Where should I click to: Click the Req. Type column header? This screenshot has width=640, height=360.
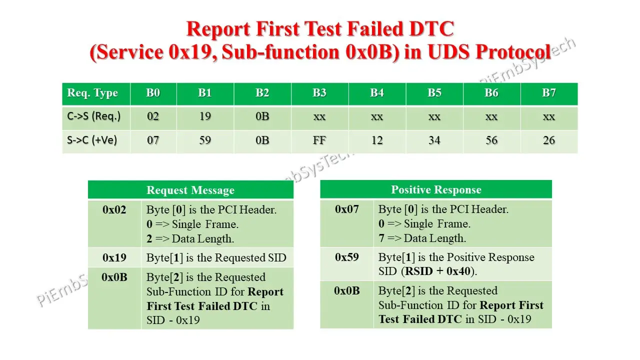pos(92,93)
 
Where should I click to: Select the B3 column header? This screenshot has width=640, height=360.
pos(319,93)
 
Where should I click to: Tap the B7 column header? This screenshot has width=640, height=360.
pos(549,93)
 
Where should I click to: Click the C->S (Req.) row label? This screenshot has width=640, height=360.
pos(94,116)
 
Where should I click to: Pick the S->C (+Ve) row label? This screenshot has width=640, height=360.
pos(92,140)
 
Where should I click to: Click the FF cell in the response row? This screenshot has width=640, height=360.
pos(319,140)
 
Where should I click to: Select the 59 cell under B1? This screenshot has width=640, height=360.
pos(205,140)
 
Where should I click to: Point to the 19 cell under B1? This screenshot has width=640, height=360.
pos(205,116)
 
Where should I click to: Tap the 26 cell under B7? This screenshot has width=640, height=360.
pos(549,140)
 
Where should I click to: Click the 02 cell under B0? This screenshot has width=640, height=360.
pos(153,116)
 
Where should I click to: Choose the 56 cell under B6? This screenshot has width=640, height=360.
pos(491,140)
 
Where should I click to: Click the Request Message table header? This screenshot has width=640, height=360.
pos(190,190)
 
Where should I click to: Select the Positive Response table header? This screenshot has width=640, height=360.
pos(436,189)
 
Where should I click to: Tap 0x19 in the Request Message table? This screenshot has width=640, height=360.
pos(114,257)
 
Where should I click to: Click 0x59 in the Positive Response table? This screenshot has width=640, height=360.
pos(347,257)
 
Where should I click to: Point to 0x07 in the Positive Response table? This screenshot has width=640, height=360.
pos(347,209)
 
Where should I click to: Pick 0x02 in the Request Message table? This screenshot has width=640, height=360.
pos(114,209)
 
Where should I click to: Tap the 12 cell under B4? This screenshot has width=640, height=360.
pos(377,140)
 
